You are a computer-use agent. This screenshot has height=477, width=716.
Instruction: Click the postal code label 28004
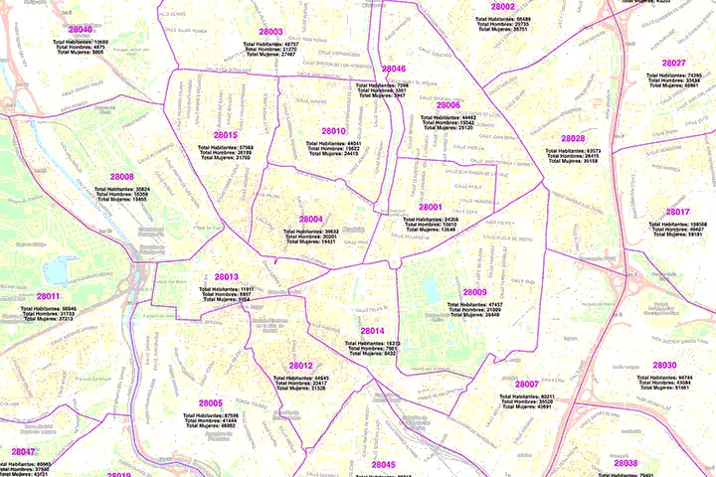[x=310, y=219]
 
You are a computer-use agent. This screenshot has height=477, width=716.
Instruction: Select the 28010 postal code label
[x=333, y=131]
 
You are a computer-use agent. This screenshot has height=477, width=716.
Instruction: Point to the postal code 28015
[x=225, y=134]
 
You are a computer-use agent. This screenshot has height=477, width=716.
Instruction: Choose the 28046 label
[x=393, y=69]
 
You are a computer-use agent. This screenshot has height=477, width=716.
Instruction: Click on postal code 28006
[x=447, y=104]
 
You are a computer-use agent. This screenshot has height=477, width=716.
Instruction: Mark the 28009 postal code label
[x=474, y=292]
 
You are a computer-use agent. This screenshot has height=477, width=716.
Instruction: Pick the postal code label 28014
[x=372, y=331]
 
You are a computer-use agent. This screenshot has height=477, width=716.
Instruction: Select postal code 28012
[x=301, y=366]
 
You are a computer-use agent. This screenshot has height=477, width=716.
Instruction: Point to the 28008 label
[x=121, y=177]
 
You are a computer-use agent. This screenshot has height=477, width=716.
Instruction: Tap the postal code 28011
[x=49, y=296]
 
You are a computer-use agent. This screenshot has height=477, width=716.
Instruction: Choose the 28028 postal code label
[x=573, y=138]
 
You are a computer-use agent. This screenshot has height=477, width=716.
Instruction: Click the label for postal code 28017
[x=677, y=212]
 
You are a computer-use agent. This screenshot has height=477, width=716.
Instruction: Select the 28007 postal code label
[x=526, y=384]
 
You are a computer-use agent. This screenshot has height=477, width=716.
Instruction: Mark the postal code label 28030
[x=664, y=365]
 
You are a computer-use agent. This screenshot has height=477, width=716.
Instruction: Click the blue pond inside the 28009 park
[x=430, y=289]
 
